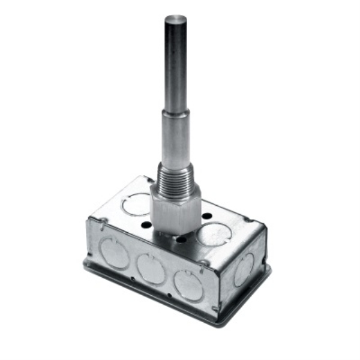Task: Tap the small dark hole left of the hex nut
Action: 146,226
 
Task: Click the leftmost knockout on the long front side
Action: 115,253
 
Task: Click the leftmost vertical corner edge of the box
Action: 91,240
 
